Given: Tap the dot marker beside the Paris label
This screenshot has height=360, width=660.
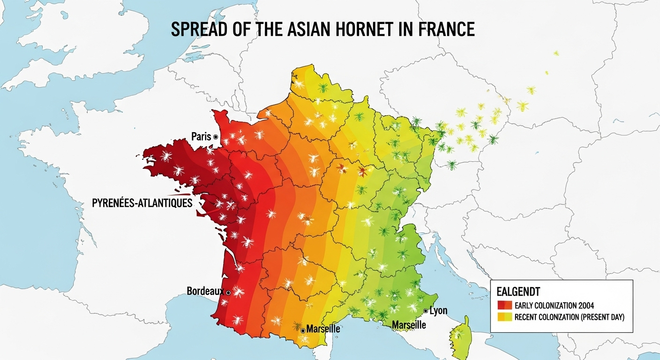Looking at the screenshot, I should (216, 137).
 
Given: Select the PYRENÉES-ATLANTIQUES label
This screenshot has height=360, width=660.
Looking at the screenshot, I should (142, 203).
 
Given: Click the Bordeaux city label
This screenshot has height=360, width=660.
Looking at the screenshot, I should (205, 291).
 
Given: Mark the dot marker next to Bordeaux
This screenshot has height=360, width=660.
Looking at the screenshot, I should (228, 292).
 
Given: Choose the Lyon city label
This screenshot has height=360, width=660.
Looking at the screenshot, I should (438, 310).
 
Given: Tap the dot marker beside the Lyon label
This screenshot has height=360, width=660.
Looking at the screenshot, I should (425, 311).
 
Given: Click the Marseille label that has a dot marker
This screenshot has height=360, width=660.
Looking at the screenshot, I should (323, 329).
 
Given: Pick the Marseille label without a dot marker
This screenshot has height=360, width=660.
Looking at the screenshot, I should (409, 325).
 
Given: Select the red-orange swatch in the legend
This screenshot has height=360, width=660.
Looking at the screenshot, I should (504, 306).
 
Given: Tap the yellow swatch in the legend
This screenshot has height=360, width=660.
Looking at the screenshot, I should (504, 317).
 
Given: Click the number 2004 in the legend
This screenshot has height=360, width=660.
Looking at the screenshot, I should (586, 306).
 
